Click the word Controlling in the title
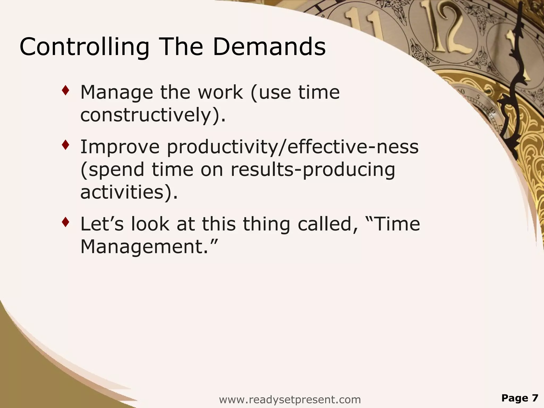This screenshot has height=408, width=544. click(x=84, y=47)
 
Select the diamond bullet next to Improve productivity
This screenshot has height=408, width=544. click(x=66, y=145)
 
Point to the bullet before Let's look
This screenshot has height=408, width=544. click(x=66, y=222)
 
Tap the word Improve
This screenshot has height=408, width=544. click(x=120, y=147)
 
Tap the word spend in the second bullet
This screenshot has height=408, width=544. click(x=116, y=169)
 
